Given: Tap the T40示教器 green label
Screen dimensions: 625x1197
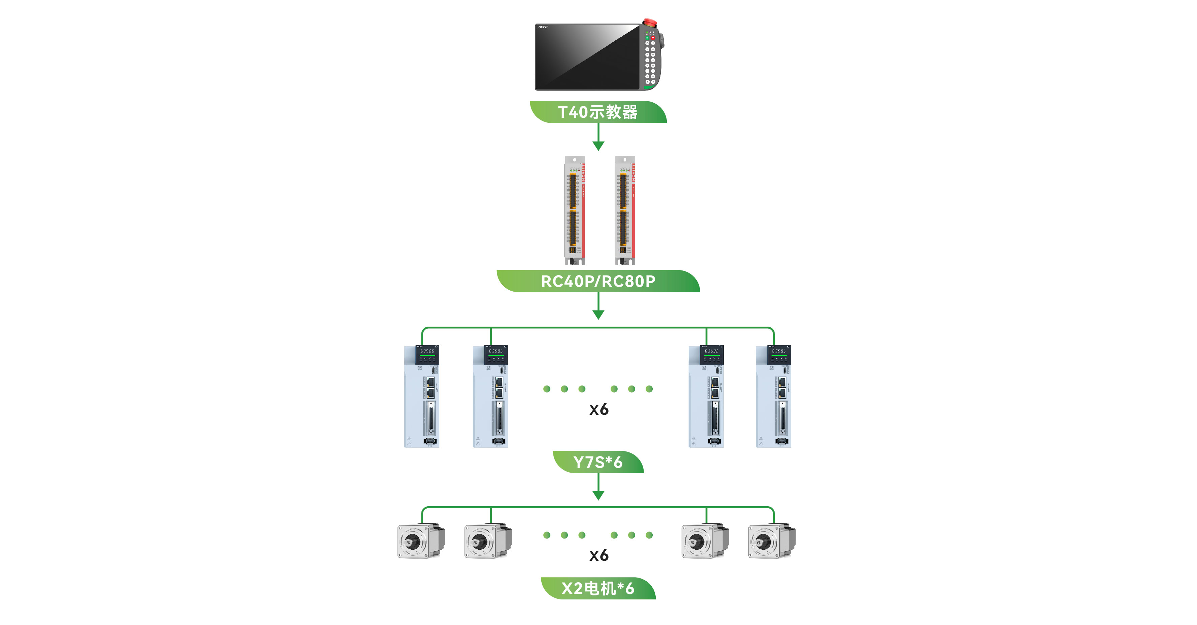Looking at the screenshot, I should click(x=598, y=112).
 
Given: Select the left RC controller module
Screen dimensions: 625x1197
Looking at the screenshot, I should click(x=574, y=210).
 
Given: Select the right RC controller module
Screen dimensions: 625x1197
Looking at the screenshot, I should click(x=624, y=210).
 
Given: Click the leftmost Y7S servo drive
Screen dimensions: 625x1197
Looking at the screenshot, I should click(x=421, y=396).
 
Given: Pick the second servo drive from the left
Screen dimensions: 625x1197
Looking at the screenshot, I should click(x=490, y=396).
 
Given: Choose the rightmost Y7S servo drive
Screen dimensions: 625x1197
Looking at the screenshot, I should click(x=773, y=396).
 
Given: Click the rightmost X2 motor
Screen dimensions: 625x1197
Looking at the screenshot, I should click(x=772, y=541).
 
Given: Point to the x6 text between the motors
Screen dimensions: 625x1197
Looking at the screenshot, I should click(x=598, y=555).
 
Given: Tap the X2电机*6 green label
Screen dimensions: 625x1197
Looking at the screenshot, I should click(x=598, y=588).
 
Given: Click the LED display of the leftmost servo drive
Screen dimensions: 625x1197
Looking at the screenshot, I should click(x=427, y=352).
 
